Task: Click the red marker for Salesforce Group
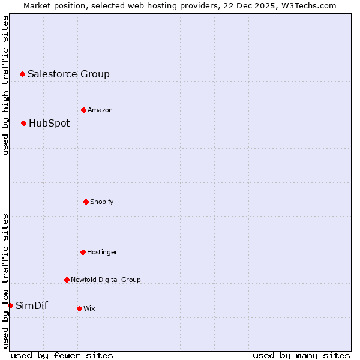pyautogui.click(x=22, y=74)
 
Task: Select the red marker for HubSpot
pyautogui.click(x=23, y=123)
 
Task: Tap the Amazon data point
pyautogui.click(x=83, y=110)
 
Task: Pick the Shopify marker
pyautogui.click(x=86, y=202)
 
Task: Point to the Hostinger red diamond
pyautogui.click(x=83, y=252)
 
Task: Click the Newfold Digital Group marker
pyautogui.click(x=67, y=280)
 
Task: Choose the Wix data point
pyautogui.click(x=79, y=308)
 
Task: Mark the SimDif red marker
pyautogui.click(x=10, y=305)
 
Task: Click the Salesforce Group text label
pyautogui.click(x=68, y=74)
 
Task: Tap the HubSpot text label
pyautogui.click(x=49, y=123)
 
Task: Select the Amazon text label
pyautogui.click(x=100, y=110)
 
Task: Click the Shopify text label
pyautogui.click(x=102, y=202)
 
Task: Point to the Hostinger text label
pyautogui.click(x=102, y=252)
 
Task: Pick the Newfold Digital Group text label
pyautogui.click(x=106, y=280)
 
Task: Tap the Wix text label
pyautogui.click(x=89, y=308)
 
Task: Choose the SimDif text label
pyautogui.click(x=32, y=305)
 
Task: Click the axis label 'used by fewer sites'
pyautogui.click(x=62, y=355)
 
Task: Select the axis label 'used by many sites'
pyautogui.click(x=301, y=355)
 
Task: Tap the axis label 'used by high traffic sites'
pyautogui.click(x=5, y=85)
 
